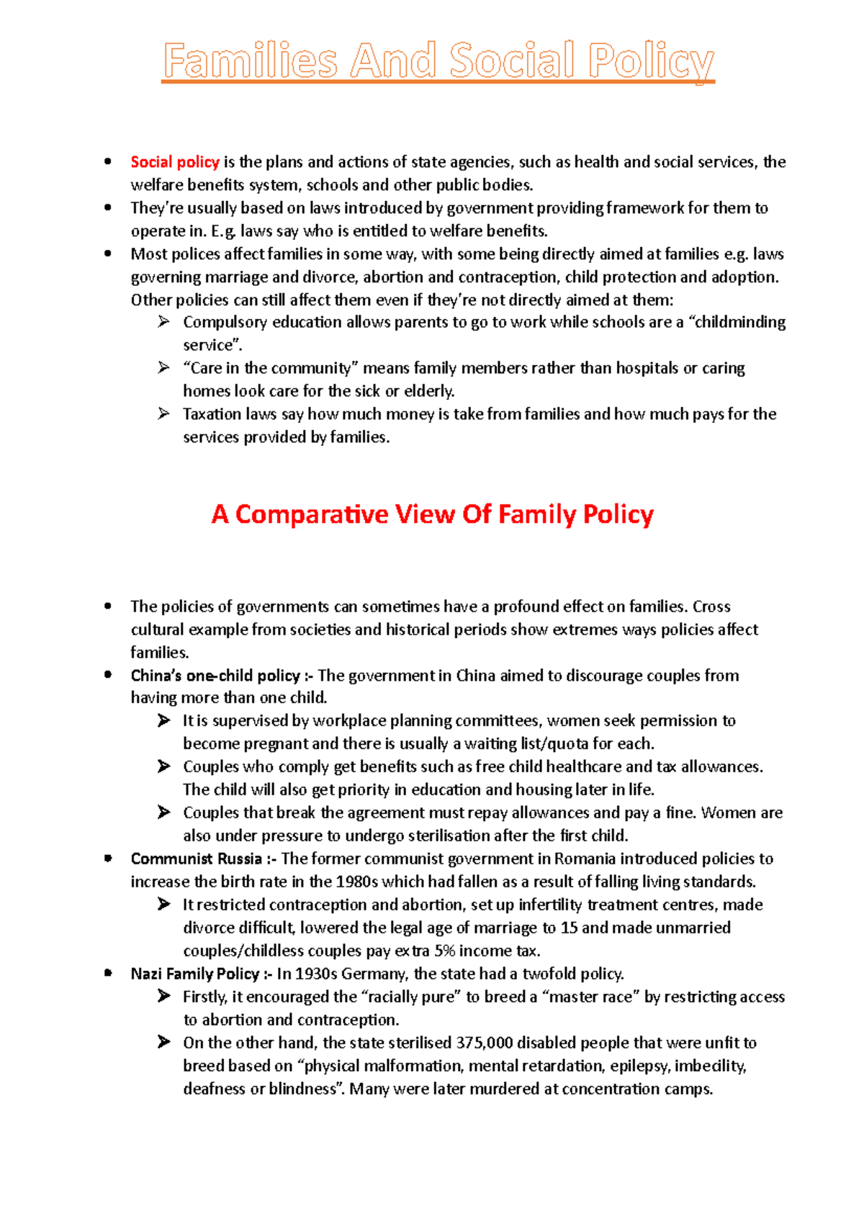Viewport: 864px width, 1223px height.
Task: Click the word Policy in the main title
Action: [650, 61]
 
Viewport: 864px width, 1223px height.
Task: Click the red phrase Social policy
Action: [174, 162]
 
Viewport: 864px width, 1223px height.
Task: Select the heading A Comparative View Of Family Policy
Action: [432, 514]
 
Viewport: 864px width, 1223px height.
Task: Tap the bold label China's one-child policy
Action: [215, 676]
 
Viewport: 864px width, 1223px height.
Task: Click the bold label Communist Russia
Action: [196, 859]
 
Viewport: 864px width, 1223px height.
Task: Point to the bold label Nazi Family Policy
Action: [194, 974]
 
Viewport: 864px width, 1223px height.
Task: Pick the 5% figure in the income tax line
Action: [444, 951]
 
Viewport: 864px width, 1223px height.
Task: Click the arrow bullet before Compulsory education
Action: [163, 322]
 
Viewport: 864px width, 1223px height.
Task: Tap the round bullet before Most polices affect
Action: [108, 254]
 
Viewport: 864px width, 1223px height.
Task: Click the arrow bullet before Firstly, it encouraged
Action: [164, 996]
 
